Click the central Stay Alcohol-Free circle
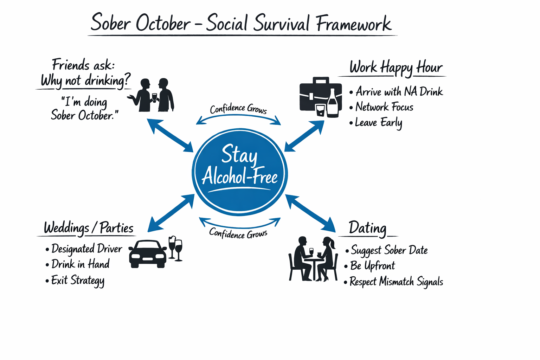point(240,171)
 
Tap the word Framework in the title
point(353,24)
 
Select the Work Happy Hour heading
point(396,67)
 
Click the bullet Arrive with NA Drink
point(399,92)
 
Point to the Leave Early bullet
point(378,123)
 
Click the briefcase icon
point(316,94)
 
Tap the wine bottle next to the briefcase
point(333,103)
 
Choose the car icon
point(147,254)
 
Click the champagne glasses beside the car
point(175,248)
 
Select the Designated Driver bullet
point(86,249)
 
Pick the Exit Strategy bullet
point(78,281)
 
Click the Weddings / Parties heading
point(89,228)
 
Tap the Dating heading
point(367,228)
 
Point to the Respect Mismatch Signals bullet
point(396,282)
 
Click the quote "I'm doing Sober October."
point(84,109)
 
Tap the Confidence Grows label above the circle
point(238,109)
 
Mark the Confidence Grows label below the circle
point(238,233)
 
